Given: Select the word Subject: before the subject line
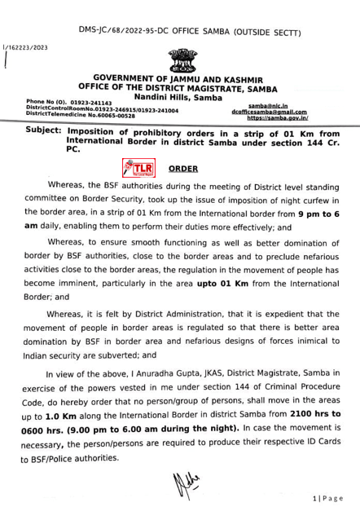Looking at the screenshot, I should (x=42, y=131).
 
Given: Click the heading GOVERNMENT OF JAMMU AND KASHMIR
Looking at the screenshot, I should (x=180, y=78).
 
